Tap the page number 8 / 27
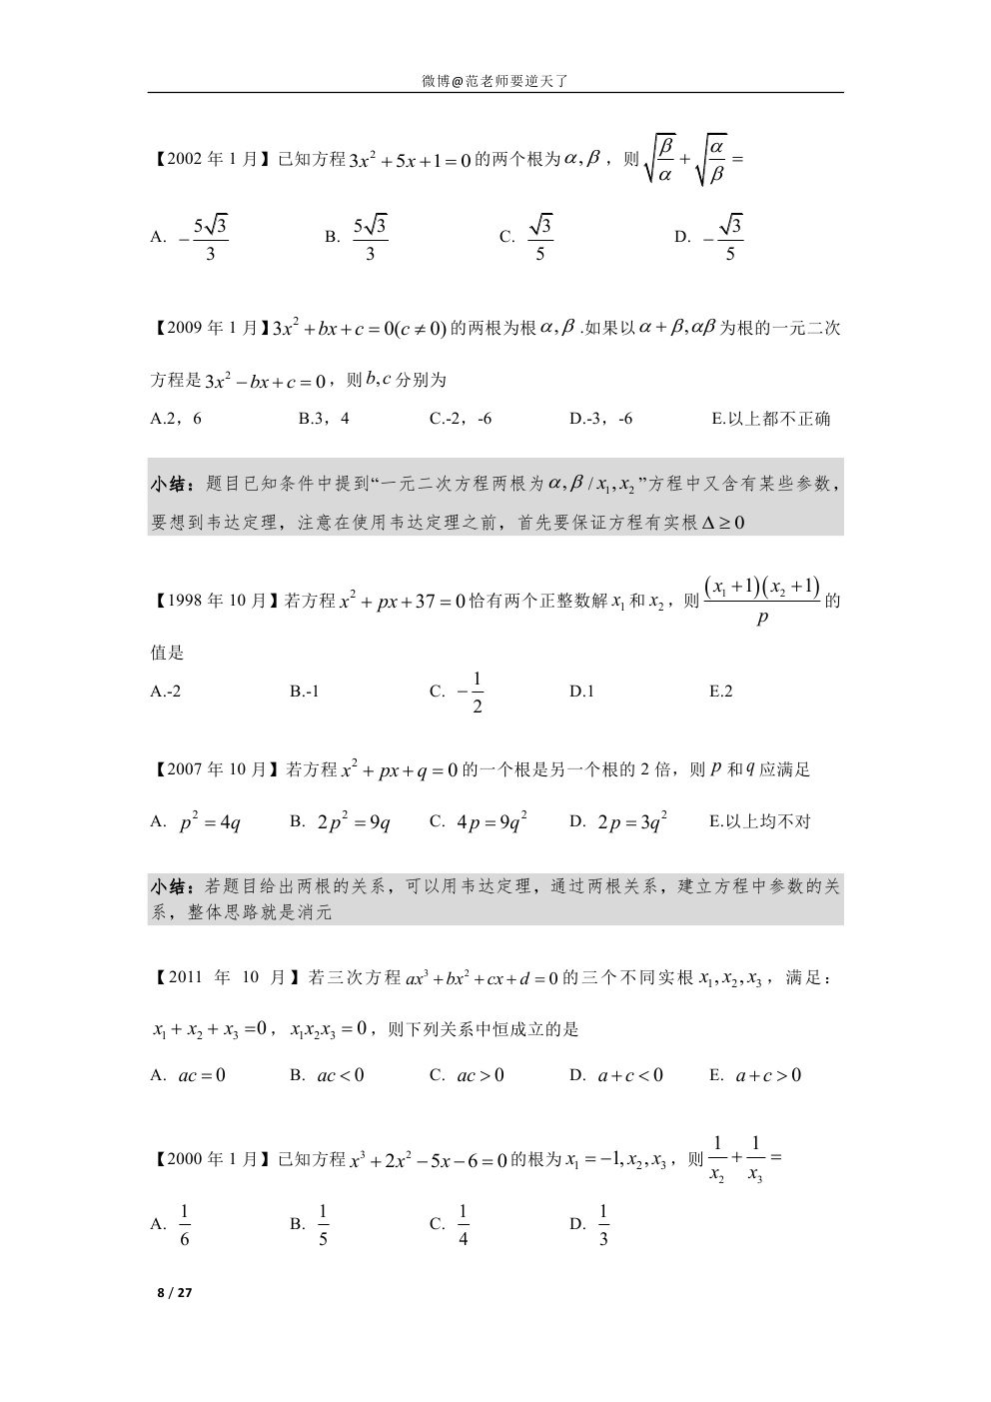point(174,1293)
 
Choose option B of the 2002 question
point(358,238)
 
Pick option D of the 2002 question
point(710,238)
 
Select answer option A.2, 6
point(176,419)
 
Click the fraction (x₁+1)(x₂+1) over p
point(762,601)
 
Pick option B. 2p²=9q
point(341,822)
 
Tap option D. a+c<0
point(616,1076)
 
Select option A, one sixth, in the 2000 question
point(172,1225)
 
